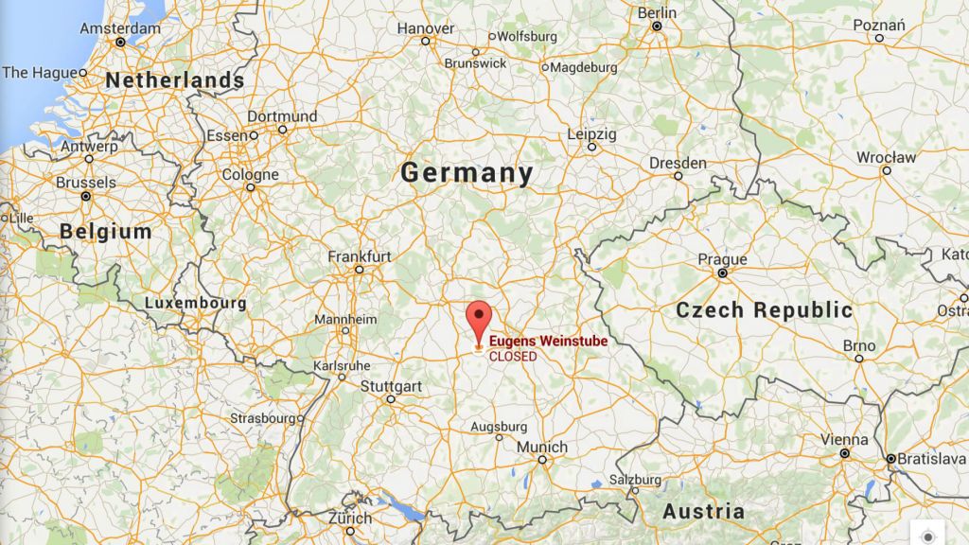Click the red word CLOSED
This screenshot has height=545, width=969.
click(512, 357)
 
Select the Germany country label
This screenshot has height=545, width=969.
click(467, 173)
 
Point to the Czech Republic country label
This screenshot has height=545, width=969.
click(764, 309)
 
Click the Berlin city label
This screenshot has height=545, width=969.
click(657, 13)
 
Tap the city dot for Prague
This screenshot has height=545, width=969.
click(722, 272)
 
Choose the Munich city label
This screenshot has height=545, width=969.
click(542, 447)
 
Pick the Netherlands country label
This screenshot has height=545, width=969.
click(174, 80)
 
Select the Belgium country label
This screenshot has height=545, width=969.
click(105, 231)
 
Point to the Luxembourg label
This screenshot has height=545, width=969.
click(196, 304)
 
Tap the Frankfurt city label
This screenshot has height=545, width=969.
click(360, 256)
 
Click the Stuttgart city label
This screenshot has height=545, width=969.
click(391, 386)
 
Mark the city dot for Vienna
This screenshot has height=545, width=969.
click(843, 453)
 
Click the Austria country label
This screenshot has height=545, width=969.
click(703, 512)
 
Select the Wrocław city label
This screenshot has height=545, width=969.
click(886, 157)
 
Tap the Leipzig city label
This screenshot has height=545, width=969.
click(591, 134)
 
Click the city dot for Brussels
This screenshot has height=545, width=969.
click(85, 196)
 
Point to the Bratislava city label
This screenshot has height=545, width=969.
click(931, 459)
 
